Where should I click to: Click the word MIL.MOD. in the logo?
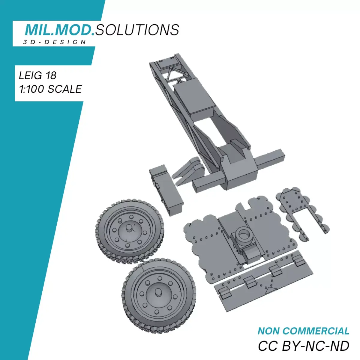click(x=60, y=29)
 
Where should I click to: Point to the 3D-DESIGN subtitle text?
click(x=55, y=42)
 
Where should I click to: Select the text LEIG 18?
click(x=38, y=75)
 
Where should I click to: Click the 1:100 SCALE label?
click(x=50, y=89)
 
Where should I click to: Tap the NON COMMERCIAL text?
click(x=303, y=331)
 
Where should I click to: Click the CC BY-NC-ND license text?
click(x=303, y=346)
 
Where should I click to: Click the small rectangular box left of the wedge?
click(x=166, y=189)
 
